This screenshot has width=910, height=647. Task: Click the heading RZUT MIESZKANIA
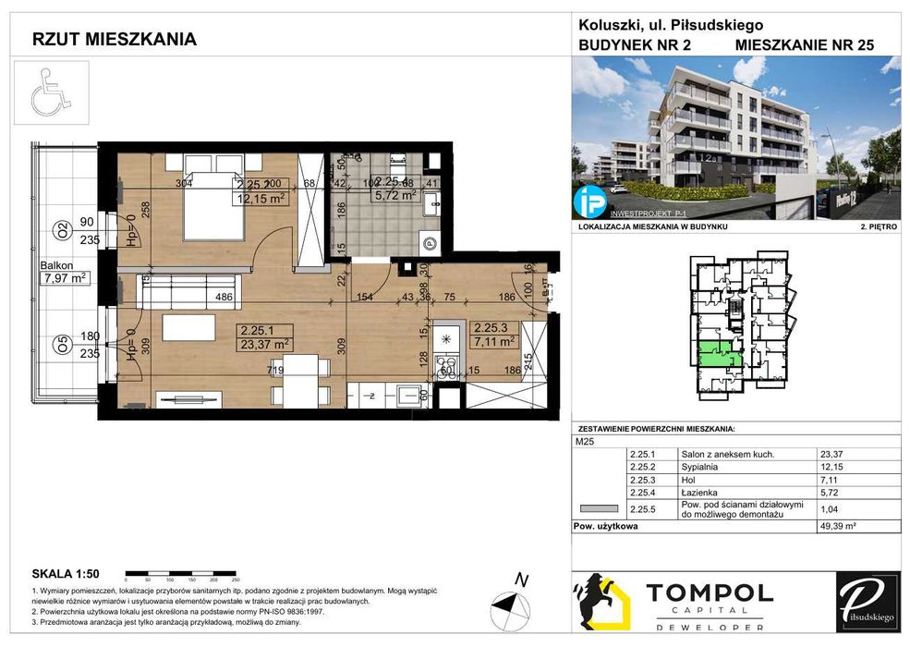114,40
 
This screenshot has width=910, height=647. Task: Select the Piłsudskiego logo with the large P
867,601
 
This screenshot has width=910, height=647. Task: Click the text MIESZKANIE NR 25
804,44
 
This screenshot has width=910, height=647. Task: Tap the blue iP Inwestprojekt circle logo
588,201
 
